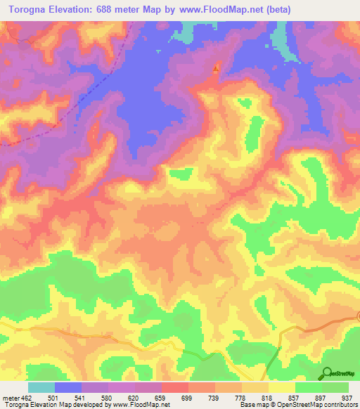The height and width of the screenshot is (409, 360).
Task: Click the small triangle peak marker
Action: (x=215, y=68)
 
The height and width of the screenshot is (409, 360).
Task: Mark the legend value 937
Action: (x=345, y=397)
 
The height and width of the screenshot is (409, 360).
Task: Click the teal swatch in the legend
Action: (x=41, y=387)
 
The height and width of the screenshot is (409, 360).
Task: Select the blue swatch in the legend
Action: (x=68, y=387)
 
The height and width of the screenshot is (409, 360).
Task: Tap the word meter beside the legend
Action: (x=11, y=397)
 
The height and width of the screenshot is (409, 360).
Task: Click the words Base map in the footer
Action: (x=252, y=405)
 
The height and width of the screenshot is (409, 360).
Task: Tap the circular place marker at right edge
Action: (x=358, y=317)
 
